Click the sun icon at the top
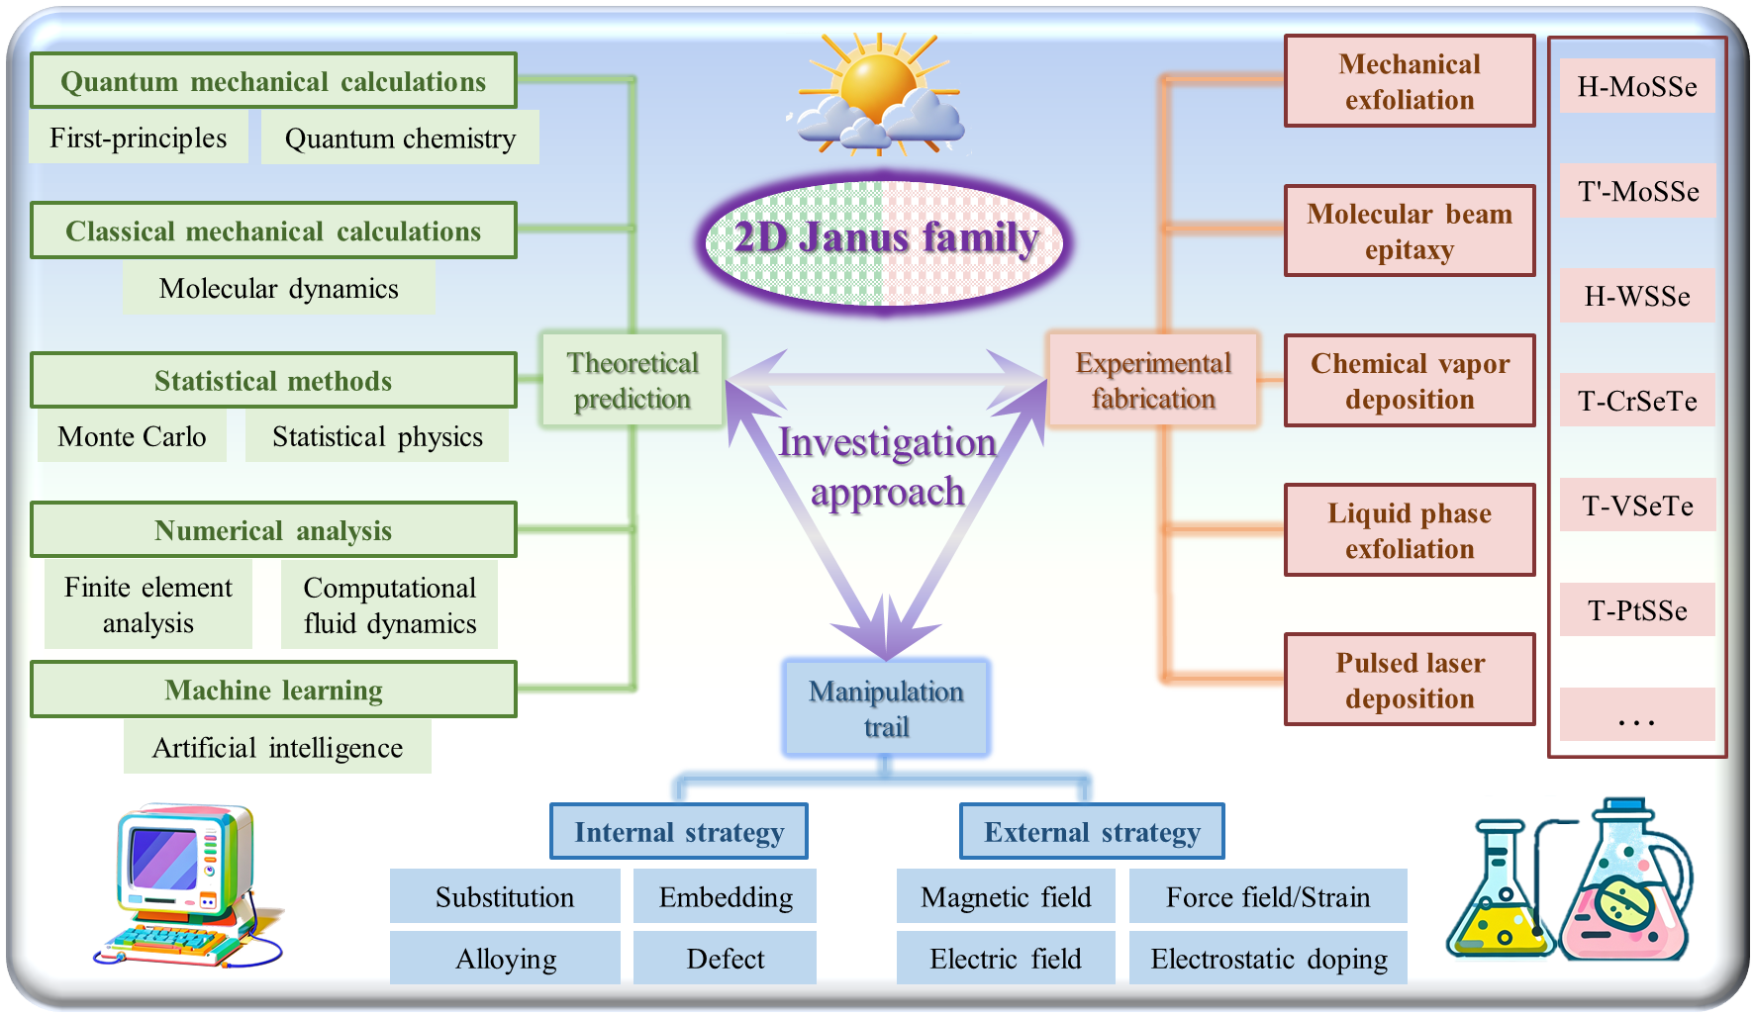pyautogui.click(x=876, y=89)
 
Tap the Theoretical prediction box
pyautogui.click(x=633, y=381)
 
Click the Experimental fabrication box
pyautogui.click(x=1153, y=381)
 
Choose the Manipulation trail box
pyautogui.click(x=886, y=708)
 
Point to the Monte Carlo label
pyautogui.click(x=132, y=436)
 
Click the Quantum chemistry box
pyautogui.click(x=400, y=138)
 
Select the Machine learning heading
pyautogui.click(x=273, y=690)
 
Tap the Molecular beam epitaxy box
pyautogui.click(x=1410, y=231)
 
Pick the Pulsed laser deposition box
pyautogui.click(x=1410, y=680)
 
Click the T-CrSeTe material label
pyautogui.click(x=1637, y=401)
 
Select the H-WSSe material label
pyautogui.click(x=1637, y=296)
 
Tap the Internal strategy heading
pyautogui.click(x=679, y=832)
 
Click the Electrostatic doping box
pyautogui.click(x=1268, y=958)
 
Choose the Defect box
pyautogui.click(x=725, y=958)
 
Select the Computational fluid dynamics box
pyautogui.click(x=389, y=604)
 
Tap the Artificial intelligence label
pyautogui.click(x=277, y=747)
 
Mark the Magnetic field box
pyautogui.click(x=1006, y=896)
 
